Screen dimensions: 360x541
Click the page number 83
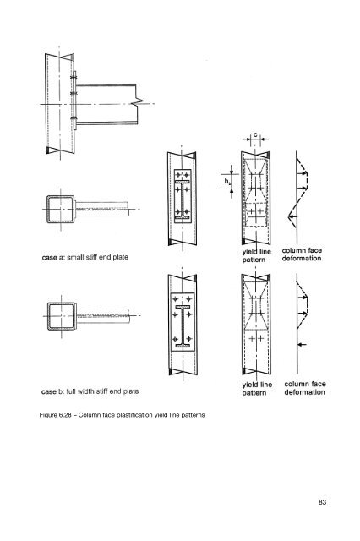[x=322, y=502]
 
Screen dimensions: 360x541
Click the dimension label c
[x=255, y=134]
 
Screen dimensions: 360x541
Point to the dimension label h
[x=226, y=181]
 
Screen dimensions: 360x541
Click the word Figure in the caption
[x=48, y=415]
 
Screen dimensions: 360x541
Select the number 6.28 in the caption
[x=65, y=415]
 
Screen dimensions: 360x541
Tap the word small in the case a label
[x=74, y=257]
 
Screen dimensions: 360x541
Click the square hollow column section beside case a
[x=60, y=209]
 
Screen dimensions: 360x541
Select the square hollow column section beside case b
[x=62, y=316]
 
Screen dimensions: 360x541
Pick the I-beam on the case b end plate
[x=183, y=326]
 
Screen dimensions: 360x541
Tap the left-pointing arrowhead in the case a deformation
[x=292, y=217]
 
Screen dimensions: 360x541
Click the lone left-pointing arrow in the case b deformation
[x=302, y=344]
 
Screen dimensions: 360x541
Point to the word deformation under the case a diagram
[x=302, y=258]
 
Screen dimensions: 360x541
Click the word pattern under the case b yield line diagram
[x=254, y=393]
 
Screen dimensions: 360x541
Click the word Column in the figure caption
[x=89, y=415]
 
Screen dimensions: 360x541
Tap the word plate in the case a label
[x=120, y=257]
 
